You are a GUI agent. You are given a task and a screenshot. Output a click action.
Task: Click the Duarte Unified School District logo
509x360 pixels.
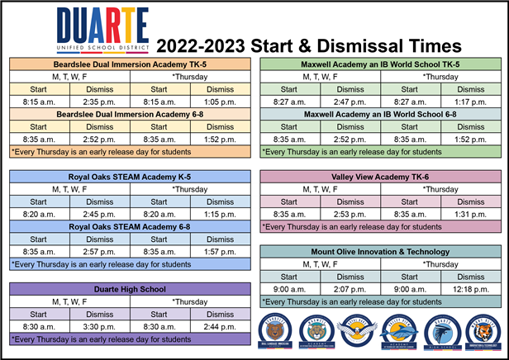tap(102, 31)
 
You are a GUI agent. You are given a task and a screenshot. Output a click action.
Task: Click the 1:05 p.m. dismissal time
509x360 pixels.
tap(220, 102)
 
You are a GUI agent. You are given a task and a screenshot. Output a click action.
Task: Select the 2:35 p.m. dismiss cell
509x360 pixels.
tap(100, 102)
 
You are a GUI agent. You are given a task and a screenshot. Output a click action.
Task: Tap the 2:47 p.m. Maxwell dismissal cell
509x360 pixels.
tap(350, 102)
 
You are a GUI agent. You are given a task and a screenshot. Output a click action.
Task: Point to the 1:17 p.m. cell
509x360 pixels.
tap(469, 102)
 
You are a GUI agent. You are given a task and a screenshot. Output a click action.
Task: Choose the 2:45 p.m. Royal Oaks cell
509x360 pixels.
tap(100, 213)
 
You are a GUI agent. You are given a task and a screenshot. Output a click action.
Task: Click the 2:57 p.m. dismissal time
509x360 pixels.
tap(100, 251)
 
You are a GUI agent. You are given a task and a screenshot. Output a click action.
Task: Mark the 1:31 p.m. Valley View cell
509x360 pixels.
tap(469, 213)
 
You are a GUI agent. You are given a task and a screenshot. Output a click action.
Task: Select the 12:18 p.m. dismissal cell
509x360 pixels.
tap(469, 289)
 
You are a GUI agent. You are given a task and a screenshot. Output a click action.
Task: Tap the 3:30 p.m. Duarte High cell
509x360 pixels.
tap(100, 326)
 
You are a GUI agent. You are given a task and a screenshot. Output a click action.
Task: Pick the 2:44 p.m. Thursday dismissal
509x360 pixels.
tap(220, 326)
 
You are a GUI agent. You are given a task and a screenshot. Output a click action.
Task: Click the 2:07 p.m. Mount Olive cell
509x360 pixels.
tap(350, 289)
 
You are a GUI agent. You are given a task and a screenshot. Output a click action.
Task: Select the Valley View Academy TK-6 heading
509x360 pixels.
tap(380, 176)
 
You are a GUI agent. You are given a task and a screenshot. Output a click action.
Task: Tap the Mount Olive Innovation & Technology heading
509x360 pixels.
tap(380, 251)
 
